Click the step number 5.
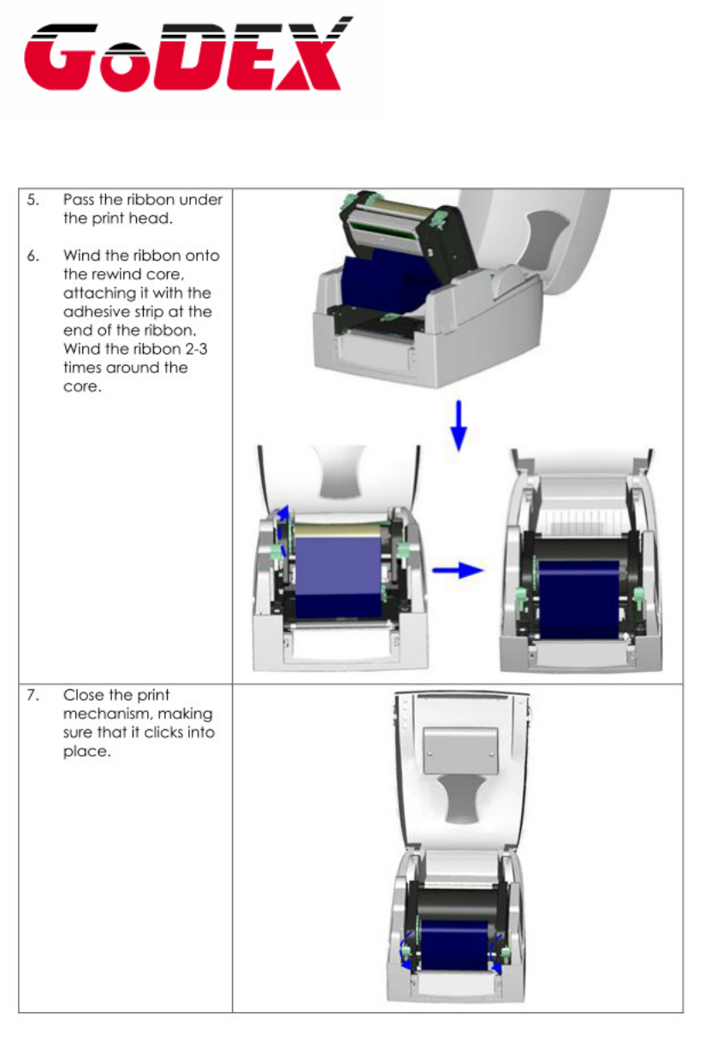pyautogui.click(x=32, y=200)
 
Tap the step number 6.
pyautogui.click(x=32, y=256)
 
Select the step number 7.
pyautogui.click(x=32, y=697)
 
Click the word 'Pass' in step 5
pyautogui.click(x=79, y=200)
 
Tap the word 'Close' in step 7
pyautogui.click(x=83, y=697)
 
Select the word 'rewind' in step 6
pyautogui.click(x=113, y=274)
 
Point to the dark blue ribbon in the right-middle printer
pyautogui.click(x=578, y=598)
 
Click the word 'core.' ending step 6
pyautogui.click(x=81, y=386)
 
